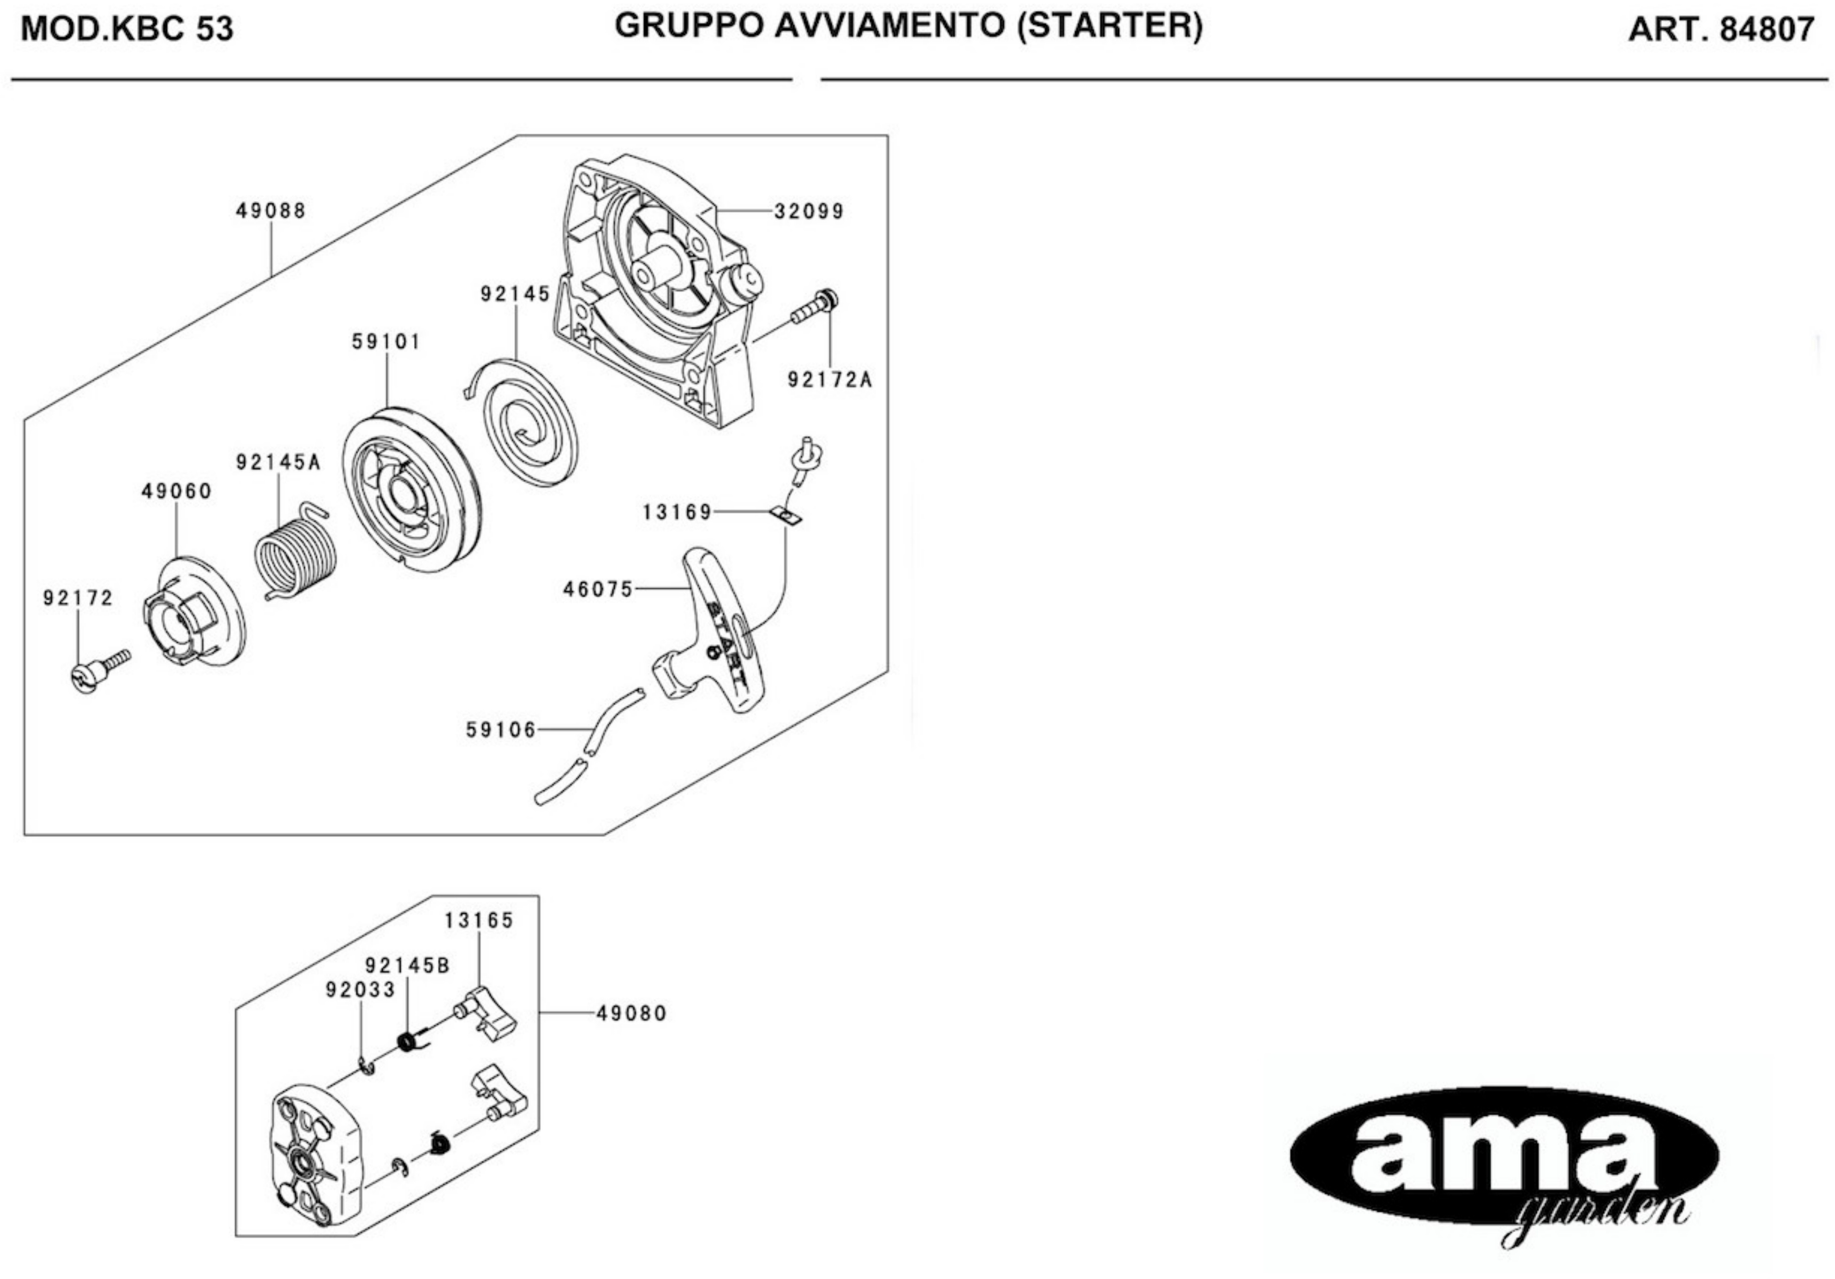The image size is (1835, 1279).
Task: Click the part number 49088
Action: coord(271,211)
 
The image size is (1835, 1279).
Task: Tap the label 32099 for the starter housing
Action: coord(809,212)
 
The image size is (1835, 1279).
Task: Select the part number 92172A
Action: coord(829,380)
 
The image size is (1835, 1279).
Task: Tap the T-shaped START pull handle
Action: coord(715,632)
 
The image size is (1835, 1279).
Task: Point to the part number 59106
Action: coord(501,730)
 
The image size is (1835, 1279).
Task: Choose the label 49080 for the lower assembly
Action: coord(632,1014)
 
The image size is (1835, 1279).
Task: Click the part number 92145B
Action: coord(407,966)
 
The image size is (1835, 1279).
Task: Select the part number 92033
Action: coord(361,990)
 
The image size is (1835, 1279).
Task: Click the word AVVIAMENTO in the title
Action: coord(889,26)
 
